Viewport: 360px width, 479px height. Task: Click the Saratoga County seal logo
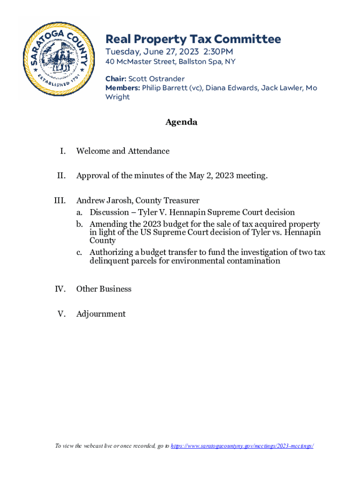coord(58,59)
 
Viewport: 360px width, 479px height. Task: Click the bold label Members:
coord(122,88)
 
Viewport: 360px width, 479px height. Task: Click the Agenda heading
coord(181,122)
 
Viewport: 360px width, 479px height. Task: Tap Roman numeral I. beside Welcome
coord(62,151)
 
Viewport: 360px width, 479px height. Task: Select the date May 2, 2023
coord(211,176)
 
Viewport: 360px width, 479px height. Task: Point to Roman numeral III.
coord(59,201)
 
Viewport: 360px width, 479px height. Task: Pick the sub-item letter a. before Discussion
coord(80,212)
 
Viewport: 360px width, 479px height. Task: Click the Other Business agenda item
coord(104,289)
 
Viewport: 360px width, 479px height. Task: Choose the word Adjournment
coord(101,314)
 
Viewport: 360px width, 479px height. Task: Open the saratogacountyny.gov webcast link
coord(242,446)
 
